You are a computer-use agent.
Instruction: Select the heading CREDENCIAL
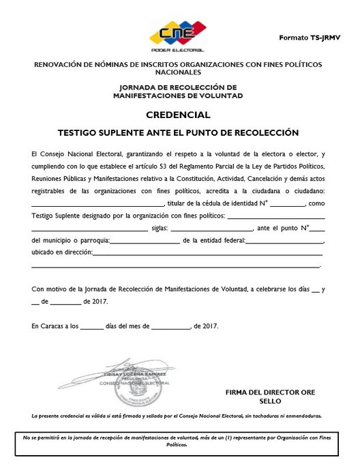(180, 115)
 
